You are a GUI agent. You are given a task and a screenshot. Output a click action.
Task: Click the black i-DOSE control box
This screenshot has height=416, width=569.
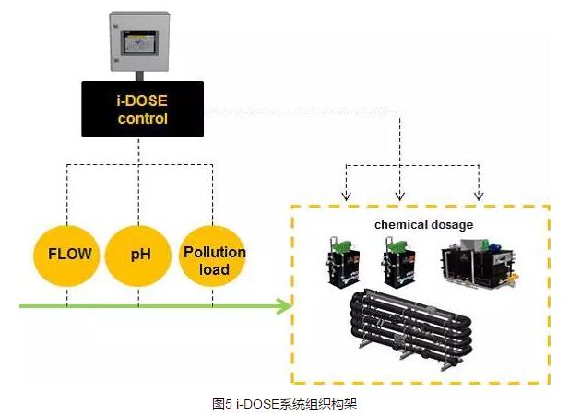point(142,109)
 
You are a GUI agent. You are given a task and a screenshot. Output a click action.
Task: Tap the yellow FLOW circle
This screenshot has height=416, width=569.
point(69,252)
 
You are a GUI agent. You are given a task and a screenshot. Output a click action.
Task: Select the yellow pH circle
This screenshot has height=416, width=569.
point(140,252)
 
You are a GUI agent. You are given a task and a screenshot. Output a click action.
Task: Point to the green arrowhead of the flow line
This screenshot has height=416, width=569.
point(284,306)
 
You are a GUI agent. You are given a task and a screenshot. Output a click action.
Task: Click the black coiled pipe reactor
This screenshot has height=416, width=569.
point(414,327)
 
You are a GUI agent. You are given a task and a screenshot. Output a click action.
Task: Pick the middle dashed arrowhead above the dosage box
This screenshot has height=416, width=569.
point(398,196)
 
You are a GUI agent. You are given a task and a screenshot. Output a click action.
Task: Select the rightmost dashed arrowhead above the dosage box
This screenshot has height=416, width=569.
point(478,196)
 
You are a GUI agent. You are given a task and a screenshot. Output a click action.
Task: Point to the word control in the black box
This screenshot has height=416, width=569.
point(143,118)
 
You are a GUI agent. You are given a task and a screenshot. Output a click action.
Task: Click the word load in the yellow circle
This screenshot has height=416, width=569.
point(214,269)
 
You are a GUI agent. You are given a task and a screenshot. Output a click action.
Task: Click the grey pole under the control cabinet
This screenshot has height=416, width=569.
point(140,76)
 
